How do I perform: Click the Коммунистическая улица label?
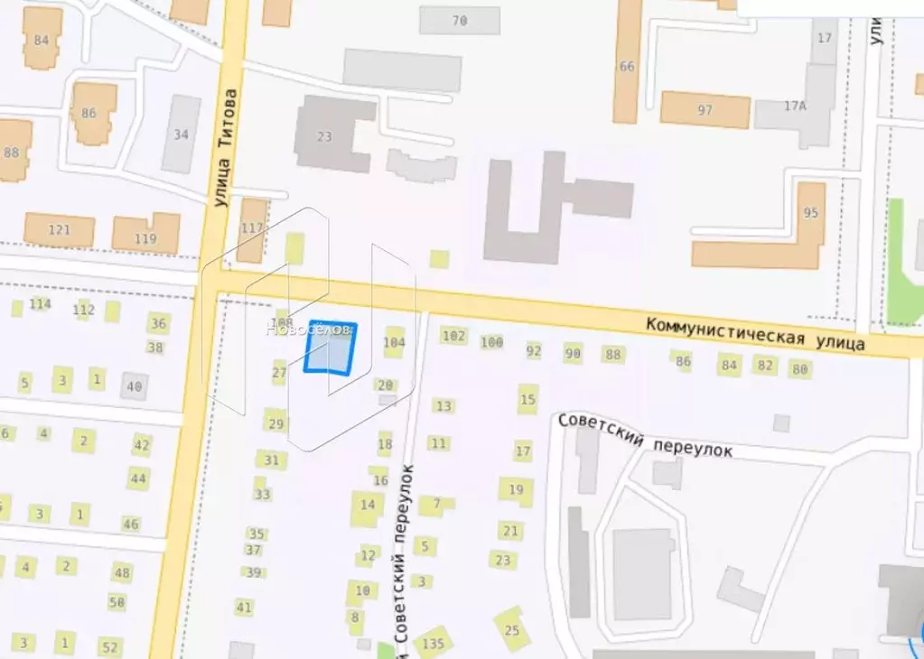coord(755,333)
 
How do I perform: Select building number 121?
coord(59,230)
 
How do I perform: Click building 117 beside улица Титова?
coord(253,229)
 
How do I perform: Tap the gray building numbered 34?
coord(182,134)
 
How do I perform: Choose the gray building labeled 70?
coord(459,20)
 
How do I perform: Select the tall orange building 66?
coord(627,65)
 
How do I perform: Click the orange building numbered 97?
coord(705,110)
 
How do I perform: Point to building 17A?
coord(795,107)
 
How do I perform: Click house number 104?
coord(394,342)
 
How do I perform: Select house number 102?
coord(453,336)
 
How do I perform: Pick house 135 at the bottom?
coord(434,643)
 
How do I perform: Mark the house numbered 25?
coord(512,629)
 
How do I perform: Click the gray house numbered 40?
coord(135,386)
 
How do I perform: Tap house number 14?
coord(368,505)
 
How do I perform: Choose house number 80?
coord(799,368)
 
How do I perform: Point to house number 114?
coord(40,304)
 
